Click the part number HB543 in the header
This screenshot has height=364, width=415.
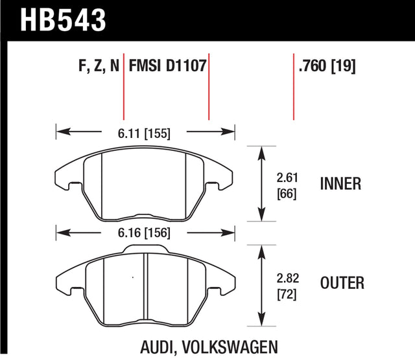pos(64,19)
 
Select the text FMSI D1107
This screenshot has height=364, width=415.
pos(167,66)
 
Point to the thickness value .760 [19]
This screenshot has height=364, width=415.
pos(327,66)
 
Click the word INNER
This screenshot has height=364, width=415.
pos(340,185)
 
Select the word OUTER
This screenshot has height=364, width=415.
pos(342,283)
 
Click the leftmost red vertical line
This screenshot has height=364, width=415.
pos(123,91)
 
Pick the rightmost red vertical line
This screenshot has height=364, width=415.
pos(294,91)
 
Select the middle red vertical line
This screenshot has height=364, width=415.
pos(209,91)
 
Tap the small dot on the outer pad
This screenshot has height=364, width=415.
pos(132,279)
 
